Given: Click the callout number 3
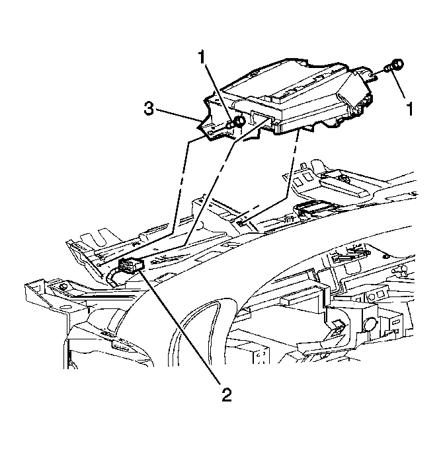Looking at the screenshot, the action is click(149, 110).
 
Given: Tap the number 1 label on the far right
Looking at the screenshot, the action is click(409, 109).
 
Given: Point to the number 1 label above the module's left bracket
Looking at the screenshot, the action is click(202, 57).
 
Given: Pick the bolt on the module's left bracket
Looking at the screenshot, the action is click(237, 123).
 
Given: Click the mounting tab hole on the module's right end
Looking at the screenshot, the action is click(372, 76).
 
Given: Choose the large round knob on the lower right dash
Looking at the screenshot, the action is click(370, 324).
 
